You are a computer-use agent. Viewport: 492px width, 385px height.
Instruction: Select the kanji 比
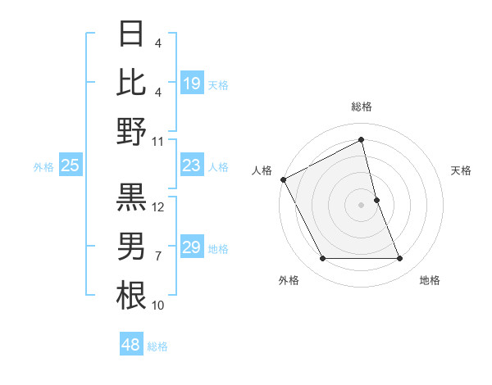pos(131,84)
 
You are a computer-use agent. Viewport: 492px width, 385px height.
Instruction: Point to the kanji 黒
pos(131,197)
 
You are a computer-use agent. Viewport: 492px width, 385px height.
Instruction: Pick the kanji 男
pos(131,246)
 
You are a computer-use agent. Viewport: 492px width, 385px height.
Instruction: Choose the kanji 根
pos(131,295)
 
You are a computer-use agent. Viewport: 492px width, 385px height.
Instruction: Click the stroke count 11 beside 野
pos(158,141)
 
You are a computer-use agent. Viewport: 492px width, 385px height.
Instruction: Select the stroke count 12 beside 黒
pos(159,207)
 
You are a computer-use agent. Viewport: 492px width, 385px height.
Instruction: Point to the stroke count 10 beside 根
pos(158,306)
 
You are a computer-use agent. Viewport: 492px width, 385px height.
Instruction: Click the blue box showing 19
pos(192,84)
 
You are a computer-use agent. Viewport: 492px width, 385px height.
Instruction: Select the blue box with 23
pos(192,166)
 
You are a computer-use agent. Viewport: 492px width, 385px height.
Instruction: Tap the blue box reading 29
pos(192,247)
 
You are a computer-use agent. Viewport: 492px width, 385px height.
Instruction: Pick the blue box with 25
pos(70,166)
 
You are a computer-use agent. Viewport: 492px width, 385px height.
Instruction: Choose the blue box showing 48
pos(131,345)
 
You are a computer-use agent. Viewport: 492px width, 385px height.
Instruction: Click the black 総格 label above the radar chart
pos(362,106)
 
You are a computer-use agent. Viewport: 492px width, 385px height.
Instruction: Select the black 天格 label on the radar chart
pos(461,170)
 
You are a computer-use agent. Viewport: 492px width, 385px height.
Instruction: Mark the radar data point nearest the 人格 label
pos(284,179)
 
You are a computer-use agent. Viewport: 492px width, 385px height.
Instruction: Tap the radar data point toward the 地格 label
pos(399,259)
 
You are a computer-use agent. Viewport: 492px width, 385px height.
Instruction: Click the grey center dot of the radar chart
pos(361,204)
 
